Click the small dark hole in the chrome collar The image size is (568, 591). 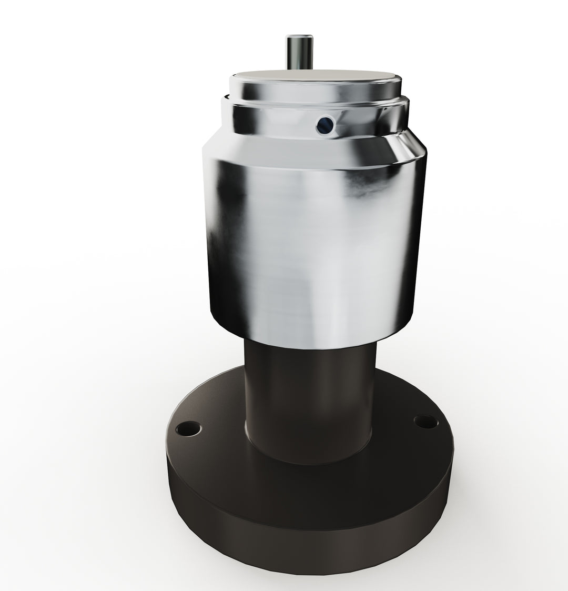click(325, 124)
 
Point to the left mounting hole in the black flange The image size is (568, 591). click(188, 429)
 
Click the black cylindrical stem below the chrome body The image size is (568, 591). click(310, 400)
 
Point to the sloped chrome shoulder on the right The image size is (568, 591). click(408, 142)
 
